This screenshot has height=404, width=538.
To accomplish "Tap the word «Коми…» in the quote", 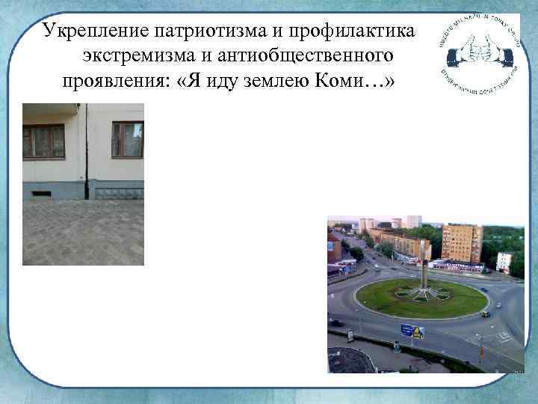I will tap(358, 81).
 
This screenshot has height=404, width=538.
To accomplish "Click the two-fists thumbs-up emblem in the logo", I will tap(476, 51).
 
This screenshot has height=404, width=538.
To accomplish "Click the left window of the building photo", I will tap(43, 141).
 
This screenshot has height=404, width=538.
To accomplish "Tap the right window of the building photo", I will tap(127, 139).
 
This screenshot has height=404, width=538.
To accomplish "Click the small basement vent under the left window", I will tap(42, 193).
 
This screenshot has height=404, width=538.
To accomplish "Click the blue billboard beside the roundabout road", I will tap(412, 331).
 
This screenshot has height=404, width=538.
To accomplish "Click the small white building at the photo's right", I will tap(504, 261).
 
